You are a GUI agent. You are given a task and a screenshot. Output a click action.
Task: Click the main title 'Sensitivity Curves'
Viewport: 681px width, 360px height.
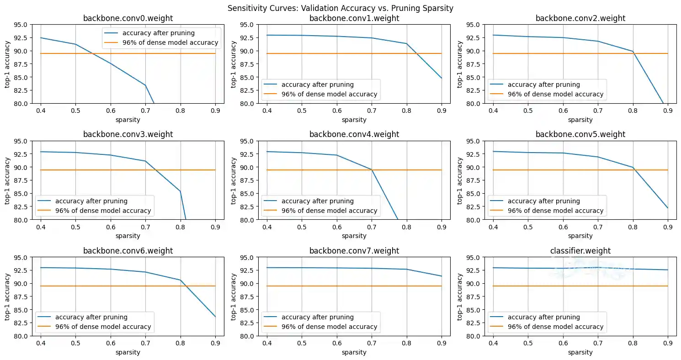click(340, 8)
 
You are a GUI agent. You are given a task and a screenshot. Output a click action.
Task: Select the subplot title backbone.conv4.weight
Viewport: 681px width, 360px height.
click(354, 134)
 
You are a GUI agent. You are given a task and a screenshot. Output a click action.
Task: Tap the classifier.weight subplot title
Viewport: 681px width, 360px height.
click(580, 251)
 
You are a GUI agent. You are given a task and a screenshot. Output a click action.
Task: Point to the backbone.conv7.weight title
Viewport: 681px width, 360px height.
click(354, 251)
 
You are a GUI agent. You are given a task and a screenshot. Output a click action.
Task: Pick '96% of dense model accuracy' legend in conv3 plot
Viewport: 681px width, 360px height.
click(103, 211)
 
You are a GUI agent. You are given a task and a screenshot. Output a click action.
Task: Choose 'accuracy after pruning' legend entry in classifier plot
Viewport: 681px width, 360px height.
click(544, 317)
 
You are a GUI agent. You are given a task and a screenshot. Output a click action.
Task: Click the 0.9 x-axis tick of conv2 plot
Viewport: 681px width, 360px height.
click(668, 111)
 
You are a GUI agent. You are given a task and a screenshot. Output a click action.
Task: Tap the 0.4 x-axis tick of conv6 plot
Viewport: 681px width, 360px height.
click(41, 343)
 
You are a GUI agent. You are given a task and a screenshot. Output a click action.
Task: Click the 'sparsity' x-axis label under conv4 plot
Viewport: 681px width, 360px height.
click(354, 236)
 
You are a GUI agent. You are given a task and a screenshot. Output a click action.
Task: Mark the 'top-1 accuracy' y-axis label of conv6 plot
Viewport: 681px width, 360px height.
click(8, 296)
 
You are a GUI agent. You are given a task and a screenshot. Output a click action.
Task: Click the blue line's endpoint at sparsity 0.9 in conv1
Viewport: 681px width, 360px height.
click(442, 78)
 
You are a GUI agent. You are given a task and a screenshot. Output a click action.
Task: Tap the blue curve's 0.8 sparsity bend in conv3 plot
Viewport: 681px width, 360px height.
click(181, 191)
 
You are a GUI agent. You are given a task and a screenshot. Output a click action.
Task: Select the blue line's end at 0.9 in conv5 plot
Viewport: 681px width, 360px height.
click(668, 208)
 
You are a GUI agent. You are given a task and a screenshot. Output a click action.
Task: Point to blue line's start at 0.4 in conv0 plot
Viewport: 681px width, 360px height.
click(41, 38)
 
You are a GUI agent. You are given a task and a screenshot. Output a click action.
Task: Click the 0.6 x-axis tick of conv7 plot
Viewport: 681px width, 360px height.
click(337, 343)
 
